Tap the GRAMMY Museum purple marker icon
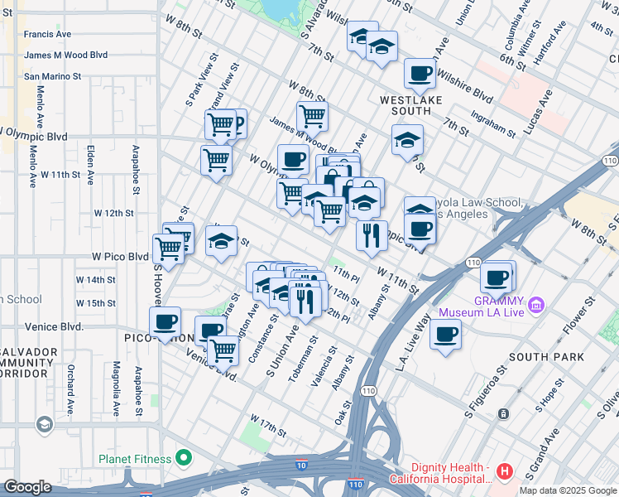click(x=536, y=306)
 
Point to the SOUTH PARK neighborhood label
click(x=547, y=357)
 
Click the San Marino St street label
click(x=52, y=75)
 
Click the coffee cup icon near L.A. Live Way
click(x=445, y=335)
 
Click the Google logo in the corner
click(x=27, y=487)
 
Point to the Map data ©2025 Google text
click(x=568, y=490)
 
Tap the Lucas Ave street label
click(x=544, y=104)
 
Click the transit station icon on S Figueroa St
click(x=501, y=413)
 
